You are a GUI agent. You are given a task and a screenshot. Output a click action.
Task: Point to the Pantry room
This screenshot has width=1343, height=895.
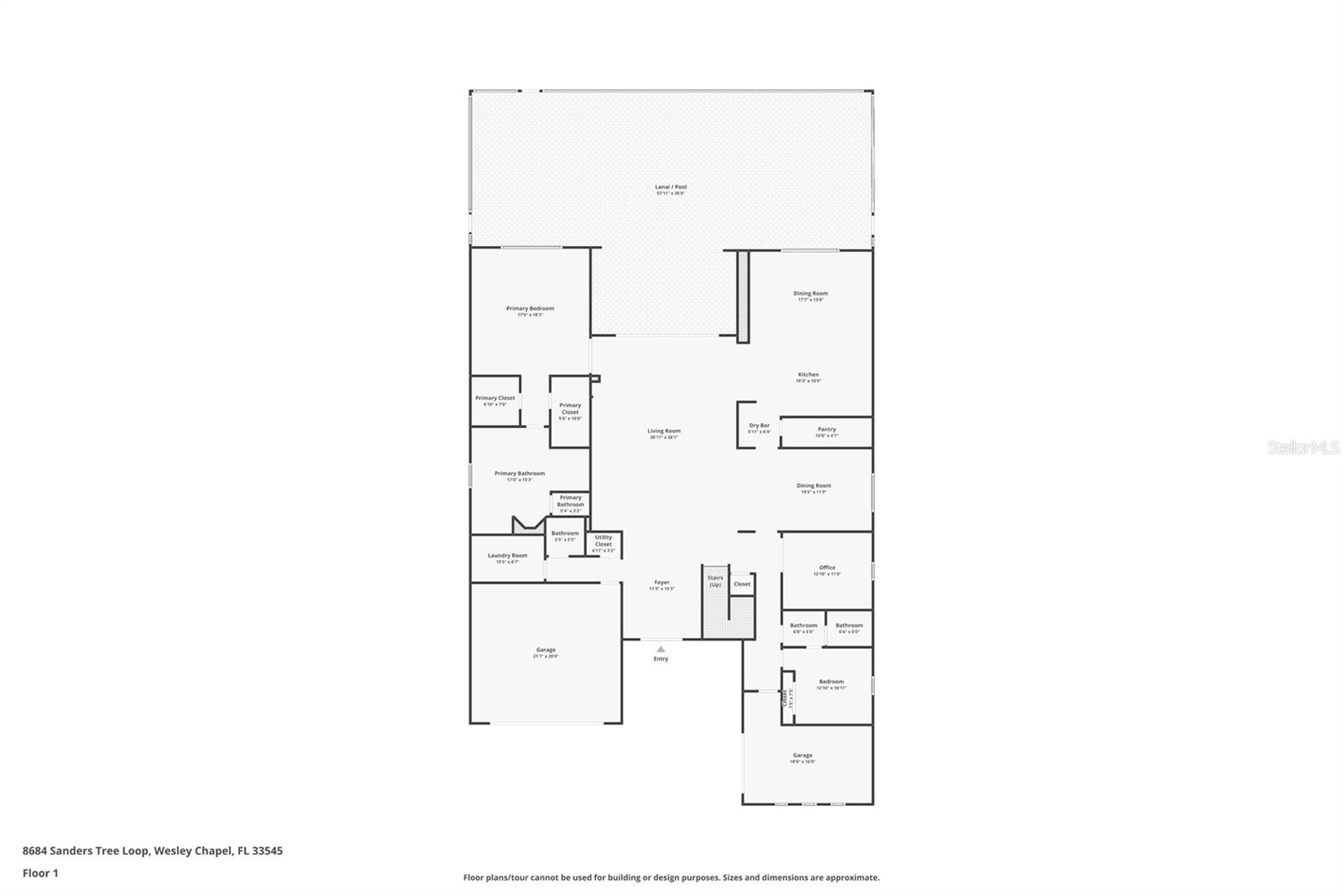[826, 432]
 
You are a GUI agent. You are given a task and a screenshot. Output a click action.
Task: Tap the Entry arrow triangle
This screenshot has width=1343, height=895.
[661, 649]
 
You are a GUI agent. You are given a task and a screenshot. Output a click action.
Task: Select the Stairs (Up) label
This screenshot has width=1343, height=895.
[715, 580]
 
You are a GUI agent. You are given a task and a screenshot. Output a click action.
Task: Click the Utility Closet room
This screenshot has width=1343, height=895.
[604, 543]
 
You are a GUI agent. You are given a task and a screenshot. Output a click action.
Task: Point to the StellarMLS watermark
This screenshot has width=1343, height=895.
[1303, 448]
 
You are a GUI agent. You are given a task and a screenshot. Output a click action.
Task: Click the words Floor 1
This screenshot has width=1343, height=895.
[40, 873]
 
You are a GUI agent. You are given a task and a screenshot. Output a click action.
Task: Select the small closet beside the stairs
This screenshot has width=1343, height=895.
[742, 584]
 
